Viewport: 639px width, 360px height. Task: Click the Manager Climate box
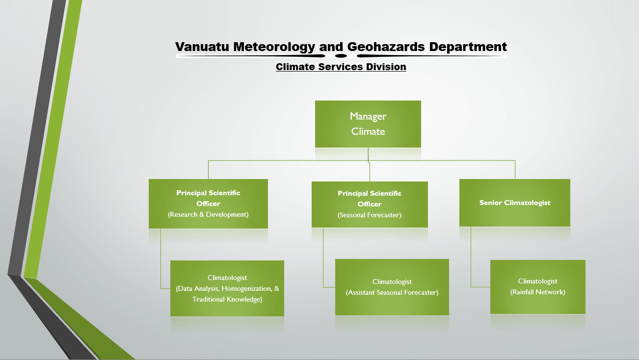pyautogui.click(x=368, y=124)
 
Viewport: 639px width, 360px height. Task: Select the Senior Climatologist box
pyautogui.click(x=515, y=203)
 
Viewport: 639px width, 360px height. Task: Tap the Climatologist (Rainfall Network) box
pyautogui.click(x=538, y=287)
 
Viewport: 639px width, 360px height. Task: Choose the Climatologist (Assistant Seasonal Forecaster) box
pyautogui.click(x=392, y=287)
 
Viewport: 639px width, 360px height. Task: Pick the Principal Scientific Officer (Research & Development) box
pyautogui.click(x=208, y=204)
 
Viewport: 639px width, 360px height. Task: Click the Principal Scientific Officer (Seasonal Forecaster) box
pyautogui.click(x=370, y=205)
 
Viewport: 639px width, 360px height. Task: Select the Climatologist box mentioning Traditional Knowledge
pyautogui.click(x=227, y=288)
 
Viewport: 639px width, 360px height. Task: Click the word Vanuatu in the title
pyautogui.click(x=202, y=47)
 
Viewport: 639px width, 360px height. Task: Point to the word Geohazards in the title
pyautogui.click(x=386, y=47)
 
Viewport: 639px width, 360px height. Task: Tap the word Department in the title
pyautogui.click(x=468, y=47)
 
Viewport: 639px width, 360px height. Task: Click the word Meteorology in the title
pyautogui.click(x=274, y=47)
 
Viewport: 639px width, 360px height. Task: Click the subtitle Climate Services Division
pyautogui.click(x=341, y=67)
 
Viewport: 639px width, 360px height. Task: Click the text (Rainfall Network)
pyautogui.click(x=538, y=292)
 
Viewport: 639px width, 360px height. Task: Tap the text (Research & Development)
pyautogui.click(x=208, y=214)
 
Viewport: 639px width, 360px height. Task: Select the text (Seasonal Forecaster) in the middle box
pyautogui.click(x=370, y=215)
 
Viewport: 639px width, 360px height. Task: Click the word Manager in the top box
pyautogui.click(x=368, y=116)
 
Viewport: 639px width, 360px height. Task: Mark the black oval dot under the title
pyautogui.click(x=341, y=55)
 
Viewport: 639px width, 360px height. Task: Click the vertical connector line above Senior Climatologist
pyautogui.click(x=515, y=170)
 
